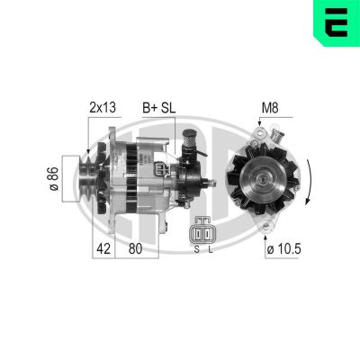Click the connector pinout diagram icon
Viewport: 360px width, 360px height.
[203, 233]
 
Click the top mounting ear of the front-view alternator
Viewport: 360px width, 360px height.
[262, 132]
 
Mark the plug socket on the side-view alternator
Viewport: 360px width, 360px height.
[160, 169]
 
